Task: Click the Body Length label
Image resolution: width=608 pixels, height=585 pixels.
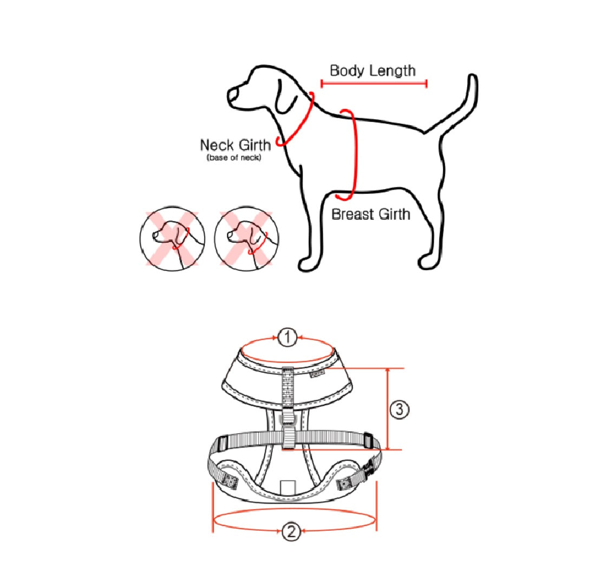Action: [372, 70]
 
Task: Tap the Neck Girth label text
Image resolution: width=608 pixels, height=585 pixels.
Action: [236, 145]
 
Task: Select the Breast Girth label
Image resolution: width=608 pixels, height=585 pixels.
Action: [371, 214]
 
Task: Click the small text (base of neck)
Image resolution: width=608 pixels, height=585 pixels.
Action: [234, 158]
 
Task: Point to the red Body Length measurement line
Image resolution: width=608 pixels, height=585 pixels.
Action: [374, 83]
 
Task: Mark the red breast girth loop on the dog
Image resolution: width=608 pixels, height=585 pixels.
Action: [354, 155]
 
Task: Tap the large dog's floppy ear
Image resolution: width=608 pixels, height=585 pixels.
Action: [286, 96]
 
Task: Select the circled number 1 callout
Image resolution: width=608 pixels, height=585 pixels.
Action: [287, 337]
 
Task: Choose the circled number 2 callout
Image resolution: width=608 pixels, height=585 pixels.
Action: [291, 531]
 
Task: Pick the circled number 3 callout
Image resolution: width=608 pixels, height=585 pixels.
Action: [400, 409]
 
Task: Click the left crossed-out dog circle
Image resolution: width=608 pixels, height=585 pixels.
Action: [173, 238]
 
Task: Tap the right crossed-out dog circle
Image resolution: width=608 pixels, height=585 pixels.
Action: [247, 238]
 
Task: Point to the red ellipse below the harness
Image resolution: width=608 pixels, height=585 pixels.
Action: [295, 509]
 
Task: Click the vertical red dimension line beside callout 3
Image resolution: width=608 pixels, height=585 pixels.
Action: [387, 409]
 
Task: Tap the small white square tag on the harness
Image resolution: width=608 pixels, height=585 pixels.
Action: [287, 487]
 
